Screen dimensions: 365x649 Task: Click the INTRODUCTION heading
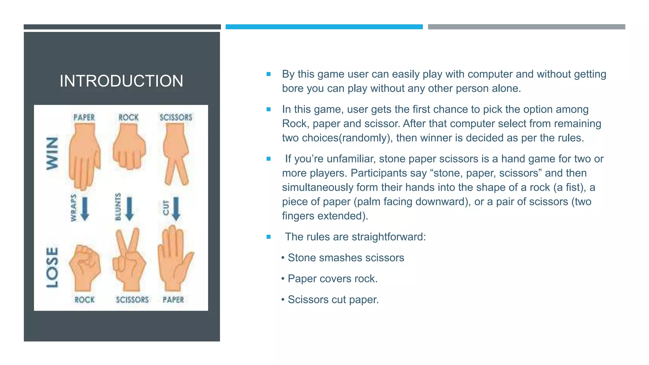click(121, 81)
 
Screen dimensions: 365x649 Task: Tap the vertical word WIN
click(52, 153)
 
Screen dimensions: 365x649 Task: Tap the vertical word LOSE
click(52, 268)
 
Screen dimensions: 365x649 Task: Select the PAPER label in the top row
click(84, 118)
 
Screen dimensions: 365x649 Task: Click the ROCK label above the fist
click(129, 118)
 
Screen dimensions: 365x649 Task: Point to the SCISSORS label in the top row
click(176, 118)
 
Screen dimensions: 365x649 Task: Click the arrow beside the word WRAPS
click(85, 209)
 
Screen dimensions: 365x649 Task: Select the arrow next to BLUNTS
click(129, 209)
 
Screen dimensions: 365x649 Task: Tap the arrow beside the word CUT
click(176, 209)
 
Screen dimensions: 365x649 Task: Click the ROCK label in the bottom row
click(85, 300)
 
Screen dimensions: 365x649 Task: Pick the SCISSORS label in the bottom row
click(132, 300)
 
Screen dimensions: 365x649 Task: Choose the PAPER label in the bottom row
click(173, 300)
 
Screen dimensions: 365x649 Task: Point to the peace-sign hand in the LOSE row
click(129, 260)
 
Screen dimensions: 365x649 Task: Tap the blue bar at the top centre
click(324, 27)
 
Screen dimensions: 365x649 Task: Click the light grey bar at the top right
click(526, 27)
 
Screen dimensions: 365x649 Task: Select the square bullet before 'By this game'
click(269, 74)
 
